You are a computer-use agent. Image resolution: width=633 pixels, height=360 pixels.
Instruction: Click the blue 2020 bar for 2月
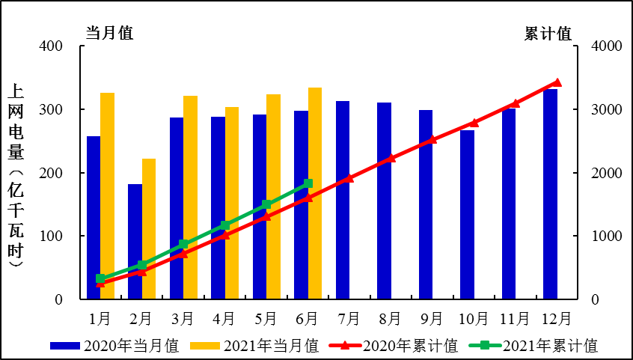tap(135, 242)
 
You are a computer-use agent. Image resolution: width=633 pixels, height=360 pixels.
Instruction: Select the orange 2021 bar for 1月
tap(107, 196)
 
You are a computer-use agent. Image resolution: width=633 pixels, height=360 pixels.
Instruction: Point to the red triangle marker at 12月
tap(557, 83)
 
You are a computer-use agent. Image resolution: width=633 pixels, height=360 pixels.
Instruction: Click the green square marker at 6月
tap(308, 183)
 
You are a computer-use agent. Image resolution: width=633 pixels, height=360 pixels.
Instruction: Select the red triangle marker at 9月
tap(432, 139)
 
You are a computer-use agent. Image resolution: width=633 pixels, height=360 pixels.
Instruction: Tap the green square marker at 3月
tap(183, 244)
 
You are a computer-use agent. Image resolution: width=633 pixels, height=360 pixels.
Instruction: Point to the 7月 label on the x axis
tap(349, 318)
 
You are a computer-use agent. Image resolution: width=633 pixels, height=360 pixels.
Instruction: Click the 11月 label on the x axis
tap(515, 318)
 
